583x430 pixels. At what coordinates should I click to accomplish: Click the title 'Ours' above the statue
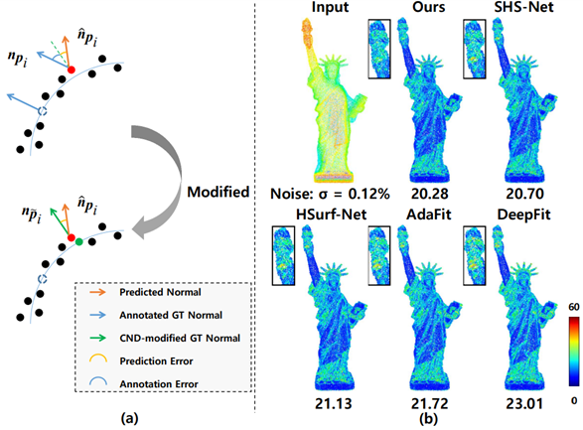(x=429, y=7)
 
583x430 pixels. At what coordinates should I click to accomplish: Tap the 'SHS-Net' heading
(x=523, y=7)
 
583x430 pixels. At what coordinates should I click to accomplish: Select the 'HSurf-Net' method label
(x=332, y=215)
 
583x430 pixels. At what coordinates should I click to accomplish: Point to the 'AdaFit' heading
(x=429, y=215)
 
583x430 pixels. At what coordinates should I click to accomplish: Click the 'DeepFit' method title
(x=523, y=215)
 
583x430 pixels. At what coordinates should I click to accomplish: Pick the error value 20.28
(x=429, y=194)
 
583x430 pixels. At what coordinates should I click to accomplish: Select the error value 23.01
(x=524, y=403)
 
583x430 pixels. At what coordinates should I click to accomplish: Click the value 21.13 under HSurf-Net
(x=333, y=403)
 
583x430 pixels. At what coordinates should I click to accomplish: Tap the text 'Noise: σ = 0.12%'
(x=330, y=194)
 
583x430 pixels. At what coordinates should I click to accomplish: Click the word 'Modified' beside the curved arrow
(x=219, y=192)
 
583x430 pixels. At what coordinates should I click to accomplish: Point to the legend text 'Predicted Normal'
(x=160, y=292)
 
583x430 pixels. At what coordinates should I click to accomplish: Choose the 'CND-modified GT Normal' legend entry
(x=180, y=339)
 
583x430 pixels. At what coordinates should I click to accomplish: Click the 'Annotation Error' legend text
(x=159, y=384)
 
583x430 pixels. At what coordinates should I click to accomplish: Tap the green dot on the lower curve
(x=78, y=242)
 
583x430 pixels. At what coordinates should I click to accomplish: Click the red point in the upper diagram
(x=72, y=70)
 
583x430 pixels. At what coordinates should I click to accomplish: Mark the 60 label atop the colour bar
(x=574, y=307)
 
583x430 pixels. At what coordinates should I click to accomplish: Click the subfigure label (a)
(x=130, y=419)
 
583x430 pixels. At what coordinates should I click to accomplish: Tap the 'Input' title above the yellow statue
(x=330, y=7)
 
